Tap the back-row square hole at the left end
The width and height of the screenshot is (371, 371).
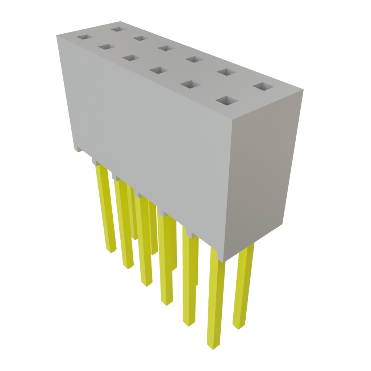pyautogui.click(x=117, y=29)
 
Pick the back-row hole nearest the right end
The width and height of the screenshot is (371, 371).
pyautogui.click(x=263, y=87)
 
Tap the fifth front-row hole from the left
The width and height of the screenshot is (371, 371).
pyautogui.click(x=190, y=84)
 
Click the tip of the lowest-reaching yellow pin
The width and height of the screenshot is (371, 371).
pyautogui.click(x=213, y=346)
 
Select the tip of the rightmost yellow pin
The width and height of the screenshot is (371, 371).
pyautogui.click(x=238, y=326)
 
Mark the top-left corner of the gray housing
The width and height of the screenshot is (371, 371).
pyautogui.click(x=57, y=35)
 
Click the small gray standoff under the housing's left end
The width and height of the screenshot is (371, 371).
pyautogui.click(x=79, y=149)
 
